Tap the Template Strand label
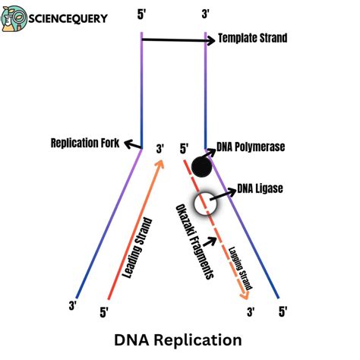253,38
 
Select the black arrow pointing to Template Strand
175,39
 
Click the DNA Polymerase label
251,147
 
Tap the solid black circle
201,166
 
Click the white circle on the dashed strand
204,204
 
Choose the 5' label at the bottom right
283,311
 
